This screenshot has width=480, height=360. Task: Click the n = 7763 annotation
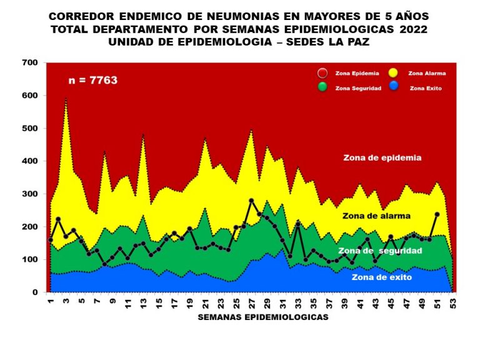pyautogui.click(x=92, y=81)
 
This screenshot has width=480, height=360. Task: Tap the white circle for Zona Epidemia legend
pyautogui.click(x=322, y=73)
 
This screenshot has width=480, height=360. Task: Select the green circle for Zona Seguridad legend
pyautogui.click(x=322, y=87)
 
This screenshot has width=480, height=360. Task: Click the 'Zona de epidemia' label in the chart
pyautogui.click(x=382, y=158)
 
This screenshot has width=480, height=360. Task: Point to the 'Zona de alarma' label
pyautogui.click(x=376, y=216)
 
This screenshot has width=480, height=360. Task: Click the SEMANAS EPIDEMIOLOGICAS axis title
pyautogui.click(x=262, y=317)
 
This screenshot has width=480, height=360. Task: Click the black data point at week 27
pyautogui.click(x=251, y=201)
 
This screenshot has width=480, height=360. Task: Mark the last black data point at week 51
pyautogui.click(x=437, y=214)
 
